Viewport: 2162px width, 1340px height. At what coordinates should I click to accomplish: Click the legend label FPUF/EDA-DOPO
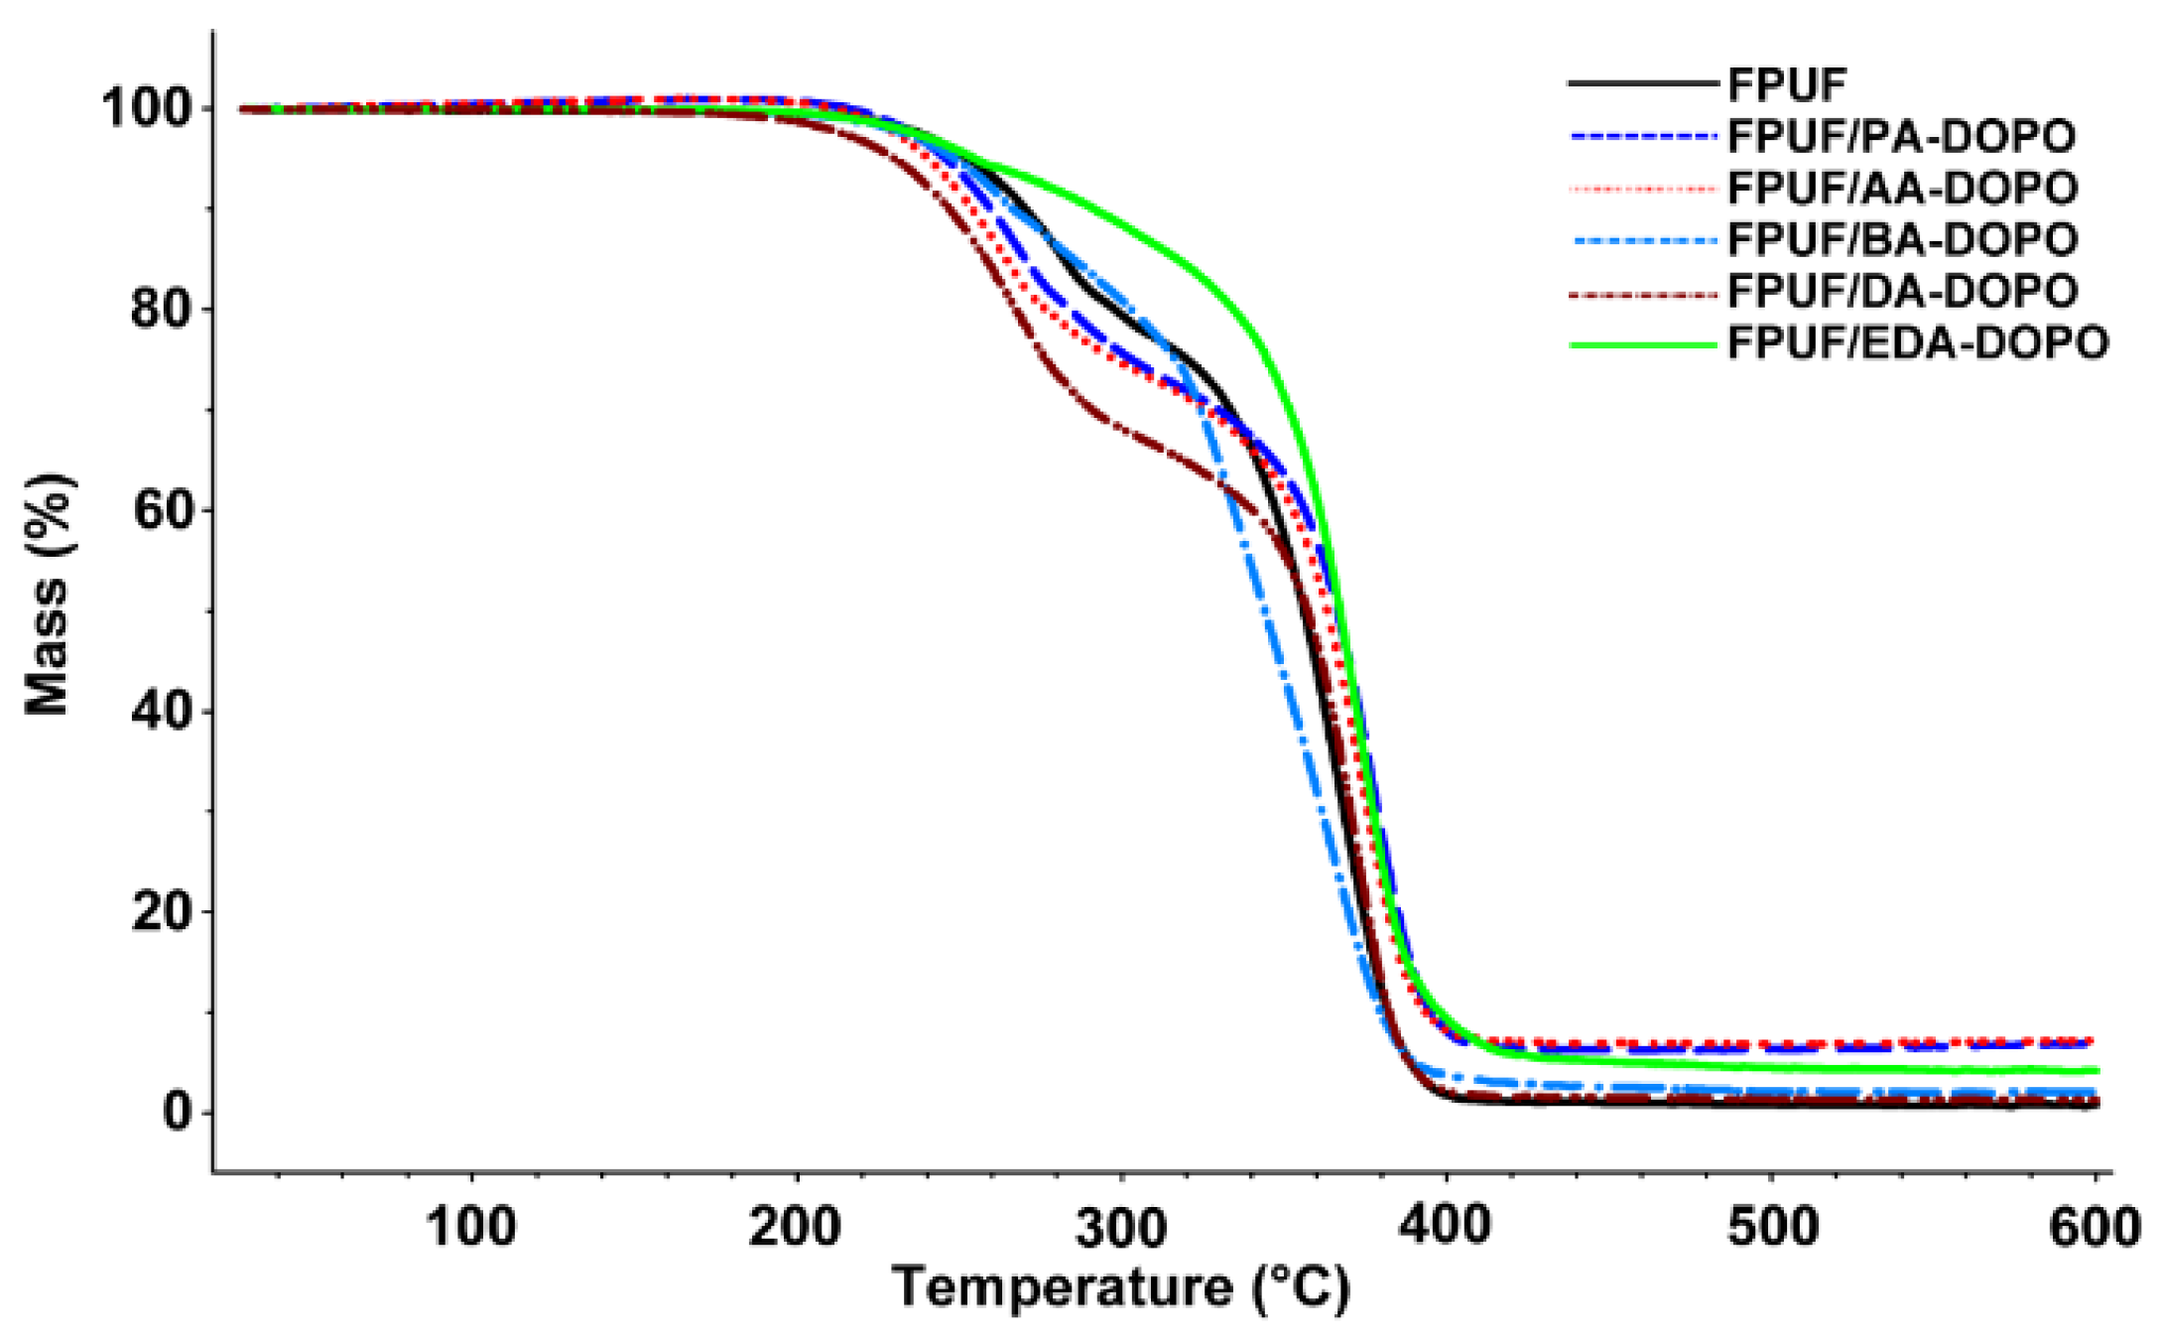click(1917, 343)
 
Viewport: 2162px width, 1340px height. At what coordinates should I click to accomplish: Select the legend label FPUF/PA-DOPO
click(1901, 136)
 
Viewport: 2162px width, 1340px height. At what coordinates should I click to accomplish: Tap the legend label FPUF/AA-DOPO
click(1901, 188)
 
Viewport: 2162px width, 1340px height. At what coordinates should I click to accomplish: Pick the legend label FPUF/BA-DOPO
click(1901, 239)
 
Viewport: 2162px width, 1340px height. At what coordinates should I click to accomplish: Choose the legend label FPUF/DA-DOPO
click(1901, 291)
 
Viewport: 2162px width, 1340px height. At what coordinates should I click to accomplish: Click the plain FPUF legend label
click(1786, 85)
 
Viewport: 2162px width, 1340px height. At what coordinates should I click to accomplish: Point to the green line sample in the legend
click(1642, 344)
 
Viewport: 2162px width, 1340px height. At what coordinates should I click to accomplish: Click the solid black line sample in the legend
click(1642, 84)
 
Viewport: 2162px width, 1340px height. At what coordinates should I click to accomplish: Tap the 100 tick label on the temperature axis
click(470, 1227)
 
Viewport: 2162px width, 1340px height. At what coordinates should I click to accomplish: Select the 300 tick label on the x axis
click(1121, 1227)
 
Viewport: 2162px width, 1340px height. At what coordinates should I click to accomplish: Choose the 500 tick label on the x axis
click(1772, 1227)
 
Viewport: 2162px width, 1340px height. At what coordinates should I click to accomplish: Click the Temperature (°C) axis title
click(1121, 1288)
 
